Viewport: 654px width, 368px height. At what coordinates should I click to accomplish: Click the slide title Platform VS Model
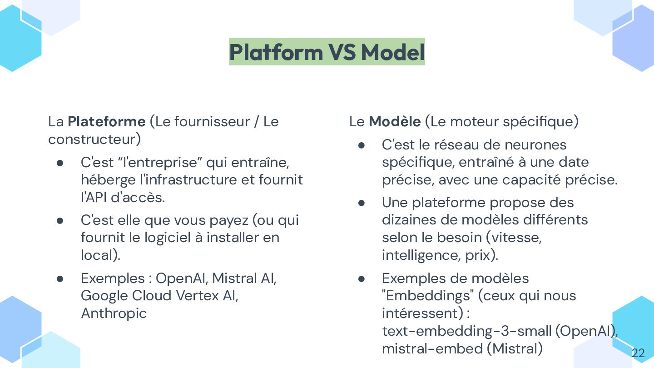pyautogui.click(x=327, y=52)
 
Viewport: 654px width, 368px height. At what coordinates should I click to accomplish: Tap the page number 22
pyautogui.click(x=638, y=353)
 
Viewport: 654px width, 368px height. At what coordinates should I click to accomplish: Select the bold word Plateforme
pyautogui.click(x=106, y=121)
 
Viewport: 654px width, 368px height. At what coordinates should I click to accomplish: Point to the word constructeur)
pyautogui.click(x=94, y=139)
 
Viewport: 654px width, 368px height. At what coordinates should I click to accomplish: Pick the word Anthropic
pyautogui.click(x=114, y=313)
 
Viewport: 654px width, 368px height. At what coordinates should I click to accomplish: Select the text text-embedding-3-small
pyautogui.click(x=466, y=331)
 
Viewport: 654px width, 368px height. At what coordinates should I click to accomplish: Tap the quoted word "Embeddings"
pyautogui.click(x=427, y=296)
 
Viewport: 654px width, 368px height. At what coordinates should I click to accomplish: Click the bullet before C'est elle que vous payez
pyautogui.click(x=60, y=220)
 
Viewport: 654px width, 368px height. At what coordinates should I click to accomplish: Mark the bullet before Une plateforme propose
pyautogui.click(x=362, y=203)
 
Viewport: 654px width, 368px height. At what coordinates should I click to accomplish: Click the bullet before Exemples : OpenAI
pyautogui.click(x=60, y=278)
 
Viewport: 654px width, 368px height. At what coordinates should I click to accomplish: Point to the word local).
pyautogui.click(x=100, y=255)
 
